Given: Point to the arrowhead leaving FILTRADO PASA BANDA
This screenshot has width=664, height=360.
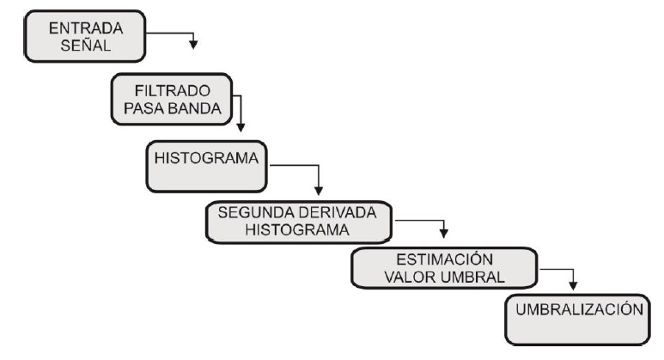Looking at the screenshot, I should click(x=241, y=122).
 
